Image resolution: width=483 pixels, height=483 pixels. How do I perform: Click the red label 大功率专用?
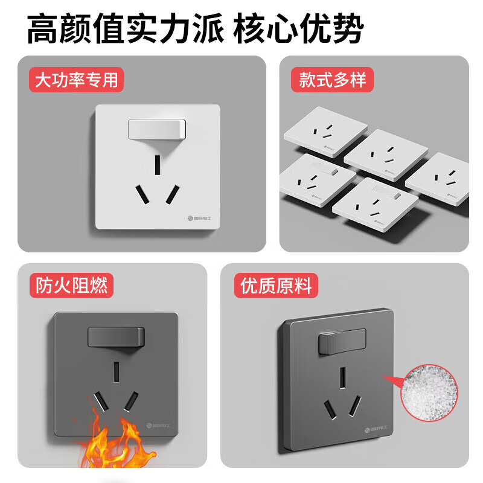tap(76, 80)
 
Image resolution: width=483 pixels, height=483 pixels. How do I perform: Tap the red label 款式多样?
tap(332, 80)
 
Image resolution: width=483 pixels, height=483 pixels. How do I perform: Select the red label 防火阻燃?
tap(72, 285)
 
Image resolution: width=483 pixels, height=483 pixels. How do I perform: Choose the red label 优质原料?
tap(276, 285)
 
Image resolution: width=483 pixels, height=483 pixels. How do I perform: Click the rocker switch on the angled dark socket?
tap(341, 342)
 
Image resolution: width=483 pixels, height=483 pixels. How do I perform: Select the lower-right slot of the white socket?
tap(173, 193)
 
